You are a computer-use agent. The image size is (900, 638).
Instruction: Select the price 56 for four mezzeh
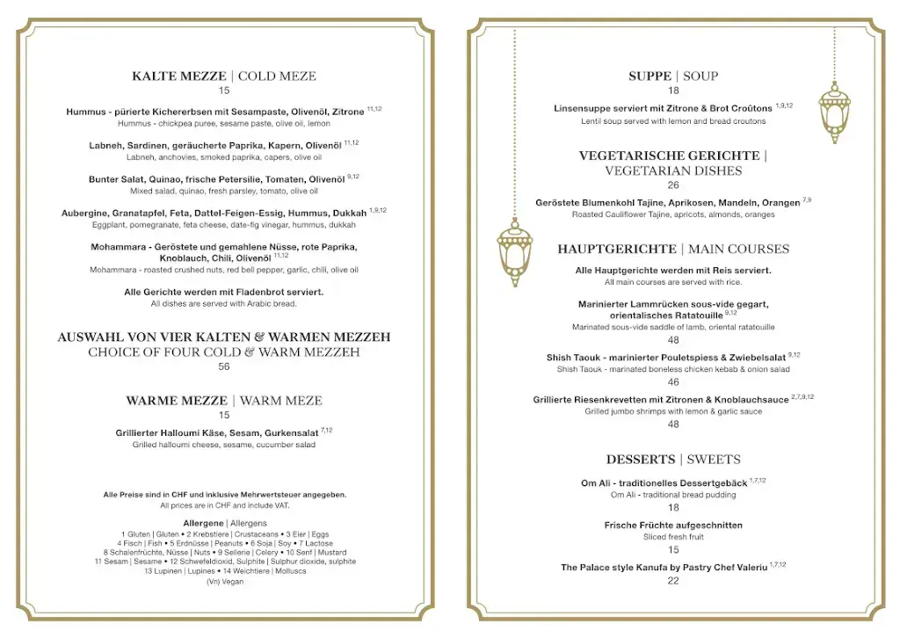(x=224, y=366)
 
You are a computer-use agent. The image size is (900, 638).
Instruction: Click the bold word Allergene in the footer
(x=203, y=524)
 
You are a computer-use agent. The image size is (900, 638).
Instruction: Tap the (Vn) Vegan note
(x=225, y=582)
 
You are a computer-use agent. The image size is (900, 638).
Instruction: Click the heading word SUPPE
(x=650, y=76)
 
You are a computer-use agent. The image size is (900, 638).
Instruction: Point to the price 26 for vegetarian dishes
(x=673, y=185)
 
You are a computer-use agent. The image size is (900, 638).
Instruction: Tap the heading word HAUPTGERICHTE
(x=616, y=250)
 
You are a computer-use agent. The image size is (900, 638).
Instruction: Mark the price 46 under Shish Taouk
(x=673, y=382)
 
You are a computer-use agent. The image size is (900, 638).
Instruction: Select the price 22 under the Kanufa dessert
(x=673, y=581)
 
